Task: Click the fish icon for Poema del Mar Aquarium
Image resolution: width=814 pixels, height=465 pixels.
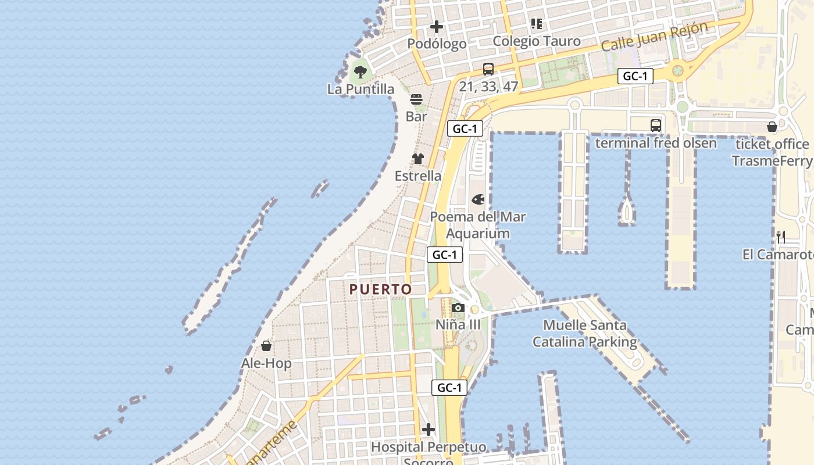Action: [478, 200]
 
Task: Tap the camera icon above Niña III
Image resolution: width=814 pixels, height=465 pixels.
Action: [458, 307]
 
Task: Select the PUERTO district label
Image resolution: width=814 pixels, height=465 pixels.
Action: [381, 289]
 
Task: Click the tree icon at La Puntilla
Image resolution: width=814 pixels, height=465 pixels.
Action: [360, 72]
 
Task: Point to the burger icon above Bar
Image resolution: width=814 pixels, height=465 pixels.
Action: [416, 99]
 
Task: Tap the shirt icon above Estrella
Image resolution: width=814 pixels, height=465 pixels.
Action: [418, 159]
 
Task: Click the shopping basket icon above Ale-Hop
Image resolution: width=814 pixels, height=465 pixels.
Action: [266, 346]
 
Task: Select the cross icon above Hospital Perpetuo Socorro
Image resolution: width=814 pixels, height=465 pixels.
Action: [429, 430]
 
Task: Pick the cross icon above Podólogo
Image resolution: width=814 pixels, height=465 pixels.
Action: [437, 27]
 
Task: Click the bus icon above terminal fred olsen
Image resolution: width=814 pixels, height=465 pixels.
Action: [656, 125]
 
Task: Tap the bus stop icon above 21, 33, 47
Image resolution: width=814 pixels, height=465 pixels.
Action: [488, 69]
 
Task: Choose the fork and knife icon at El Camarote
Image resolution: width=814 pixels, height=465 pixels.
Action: [781, 237]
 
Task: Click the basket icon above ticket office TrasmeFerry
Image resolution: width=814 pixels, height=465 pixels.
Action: [772, 127]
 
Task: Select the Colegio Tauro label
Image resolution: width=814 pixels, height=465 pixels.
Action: [537, 41]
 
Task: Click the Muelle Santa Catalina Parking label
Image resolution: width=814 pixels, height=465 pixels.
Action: [585, 334]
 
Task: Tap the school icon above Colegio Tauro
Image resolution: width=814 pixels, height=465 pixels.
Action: [537, 24]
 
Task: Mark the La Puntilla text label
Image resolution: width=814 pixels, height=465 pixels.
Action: [360, 89]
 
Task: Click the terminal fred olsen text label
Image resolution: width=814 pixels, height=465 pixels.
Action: [656, 142]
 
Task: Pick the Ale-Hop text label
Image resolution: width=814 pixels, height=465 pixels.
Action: [266, 363]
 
